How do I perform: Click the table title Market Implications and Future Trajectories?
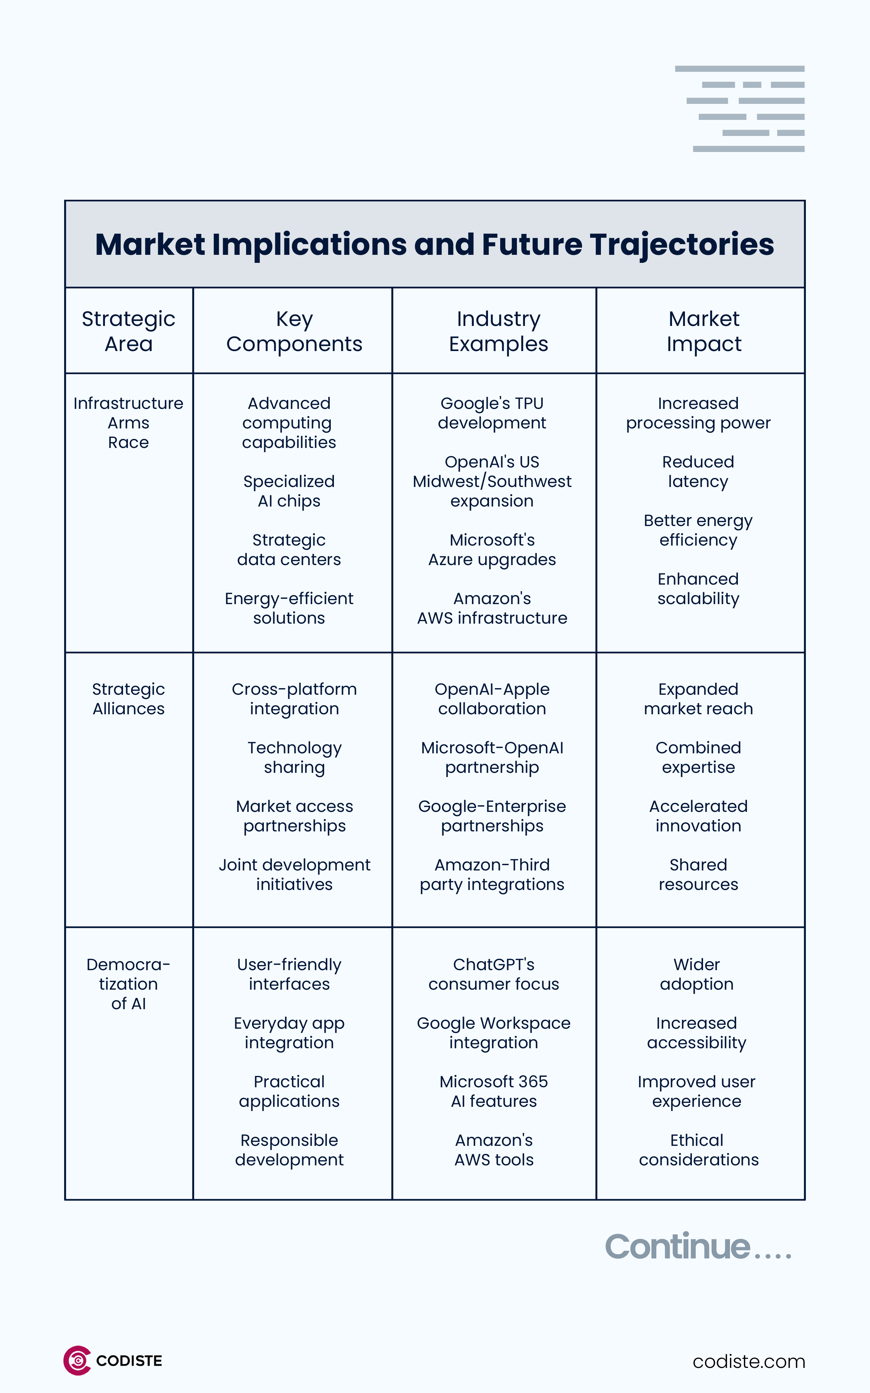(434, 244)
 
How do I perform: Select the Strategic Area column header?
(128, 331)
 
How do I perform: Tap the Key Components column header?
(294, 331)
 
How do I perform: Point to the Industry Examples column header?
(498, 331)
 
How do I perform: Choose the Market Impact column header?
(704, 331)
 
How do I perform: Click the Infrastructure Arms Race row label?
(128, 423)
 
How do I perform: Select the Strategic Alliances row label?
(128, 699)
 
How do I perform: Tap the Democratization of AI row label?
(128, 983)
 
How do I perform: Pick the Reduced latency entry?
(698, 471)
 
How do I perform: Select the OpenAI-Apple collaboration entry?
(492, 699)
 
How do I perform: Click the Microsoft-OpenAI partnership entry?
(492, 757)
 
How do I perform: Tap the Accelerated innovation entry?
(698, 816)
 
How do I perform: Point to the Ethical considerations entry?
(698, 1150)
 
